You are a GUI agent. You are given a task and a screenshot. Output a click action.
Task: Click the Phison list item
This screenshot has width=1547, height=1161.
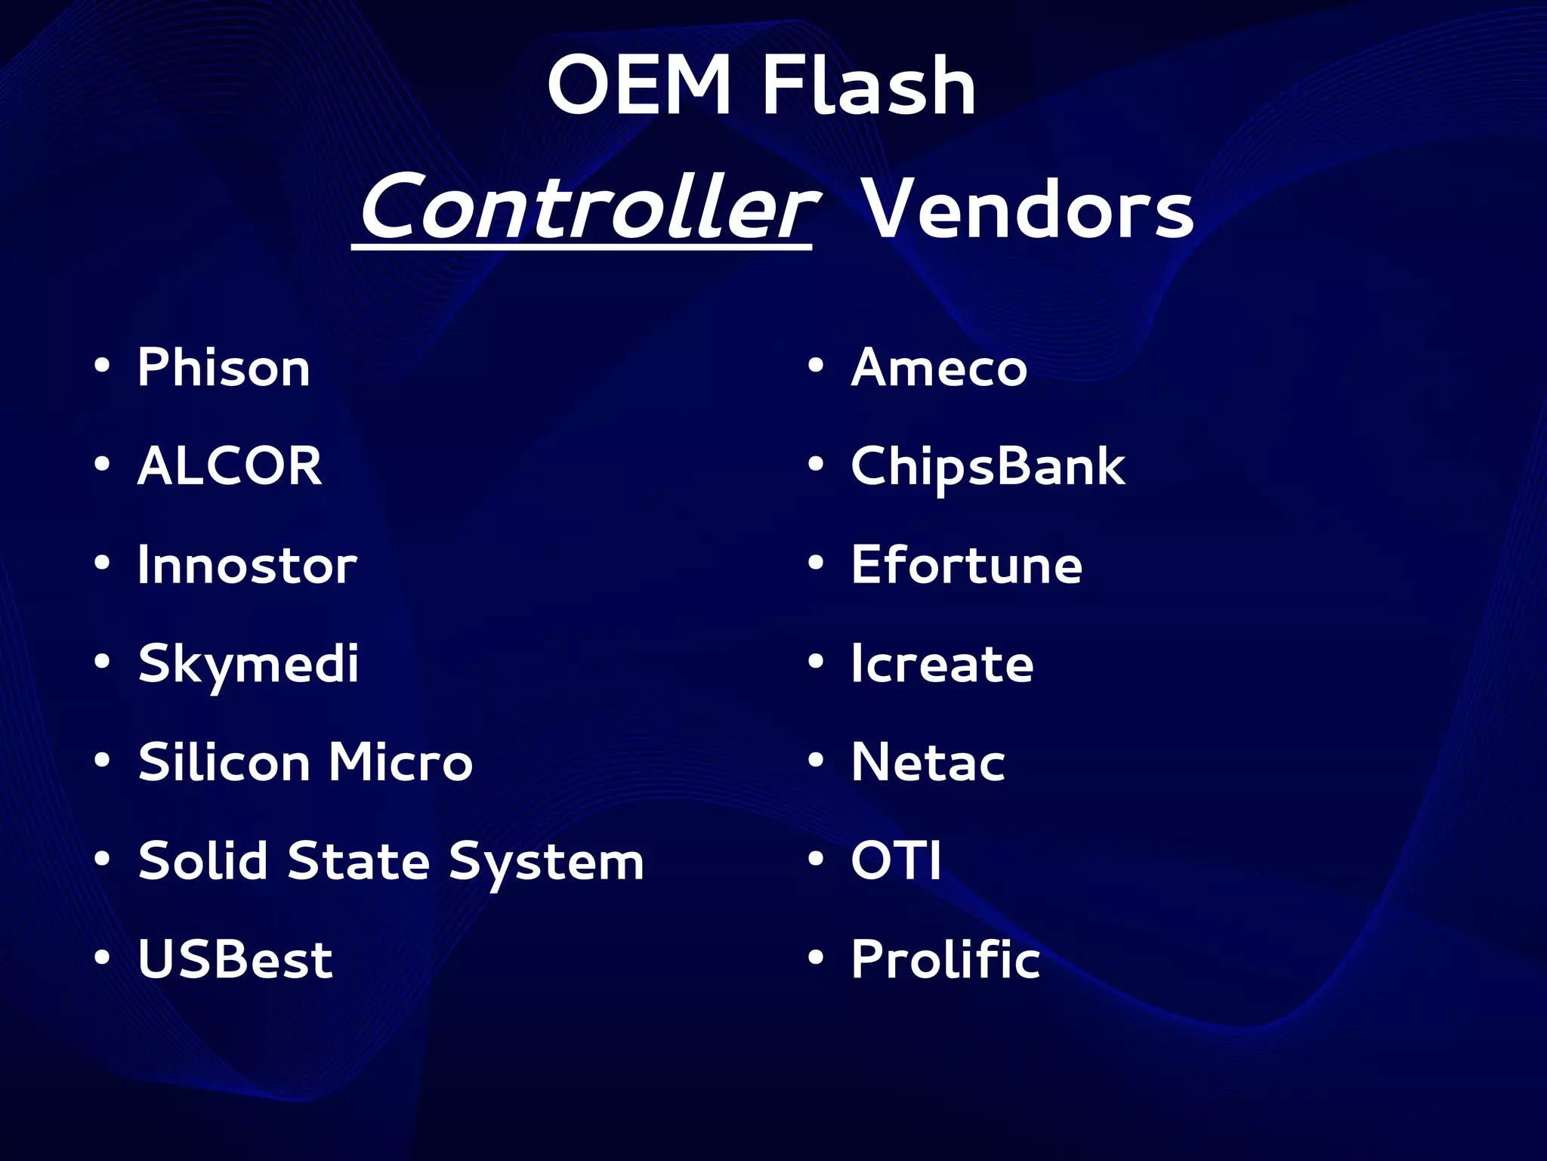coord(224,368)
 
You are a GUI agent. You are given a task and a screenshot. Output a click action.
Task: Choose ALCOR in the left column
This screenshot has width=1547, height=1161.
coord(230,466)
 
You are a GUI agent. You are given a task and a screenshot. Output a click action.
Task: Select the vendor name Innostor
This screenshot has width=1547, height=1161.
coord(247,565)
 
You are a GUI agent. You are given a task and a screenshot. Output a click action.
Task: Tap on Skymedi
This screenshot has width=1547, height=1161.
coord(249,665)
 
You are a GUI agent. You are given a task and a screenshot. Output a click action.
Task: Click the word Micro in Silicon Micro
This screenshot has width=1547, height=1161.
coord(400,762)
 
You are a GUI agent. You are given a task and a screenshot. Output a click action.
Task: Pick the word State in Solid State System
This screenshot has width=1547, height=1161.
coord(359,861)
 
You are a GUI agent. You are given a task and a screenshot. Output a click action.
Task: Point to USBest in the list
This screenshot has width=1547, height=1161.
coord(235,959)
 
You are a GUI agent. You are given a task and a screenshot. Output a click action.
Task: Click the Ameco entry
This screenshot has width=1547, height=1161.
coord(939,368)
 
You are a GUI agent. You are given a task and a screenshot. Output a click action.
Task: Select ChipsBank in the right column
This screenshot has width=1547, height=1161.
coord(988,466)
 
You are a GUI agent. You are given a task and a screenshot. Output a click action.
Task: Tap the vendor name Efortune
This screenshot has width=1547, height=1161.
coord(967,565)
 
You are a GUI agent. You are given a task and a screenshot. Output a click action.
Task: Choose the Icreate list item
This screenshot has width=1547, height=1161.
coord(942,664)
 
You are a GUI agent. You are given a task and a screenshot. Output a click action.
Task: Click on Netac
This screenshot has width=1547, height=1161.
coord(928,762)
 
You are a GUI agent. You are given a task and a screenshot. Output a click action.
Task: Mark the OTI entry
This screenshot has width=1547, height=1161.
coord(896,860)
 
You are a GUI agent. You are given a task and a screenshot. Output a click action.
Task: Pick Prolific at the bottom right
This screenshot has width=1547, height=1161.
coord(946,959)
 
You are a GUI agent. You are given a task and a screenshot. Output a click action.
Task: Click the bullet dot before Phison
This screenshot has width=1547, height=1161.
coord(102,366)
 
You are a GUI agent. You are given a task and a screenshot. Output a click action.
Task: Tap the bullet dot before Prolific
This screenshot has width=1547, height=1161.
coord(815,958)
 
